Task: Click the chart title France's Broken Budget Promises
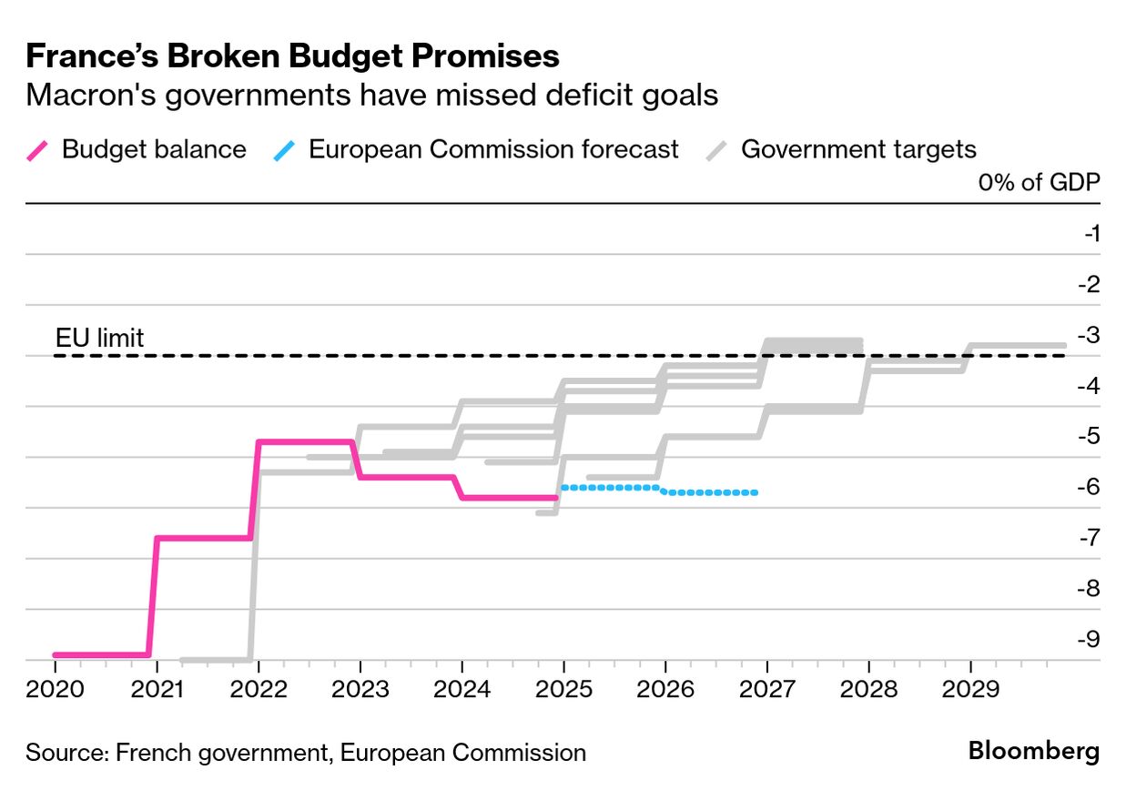point(292,56)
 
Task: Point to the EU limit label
point(99,339)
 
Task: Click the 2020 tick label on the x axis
point(55,689)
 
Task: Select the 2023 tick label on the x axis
point(360,689)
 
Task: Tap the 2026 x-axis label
point(665,689)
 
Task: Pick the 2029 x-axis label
point(970,689)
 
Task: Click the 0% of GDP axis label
point(1039,181)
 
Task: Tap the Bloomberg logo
point(1033,752)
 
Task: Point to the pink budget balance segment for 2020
point(100,654)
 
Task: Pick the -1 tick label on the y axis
point(1091,234)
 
